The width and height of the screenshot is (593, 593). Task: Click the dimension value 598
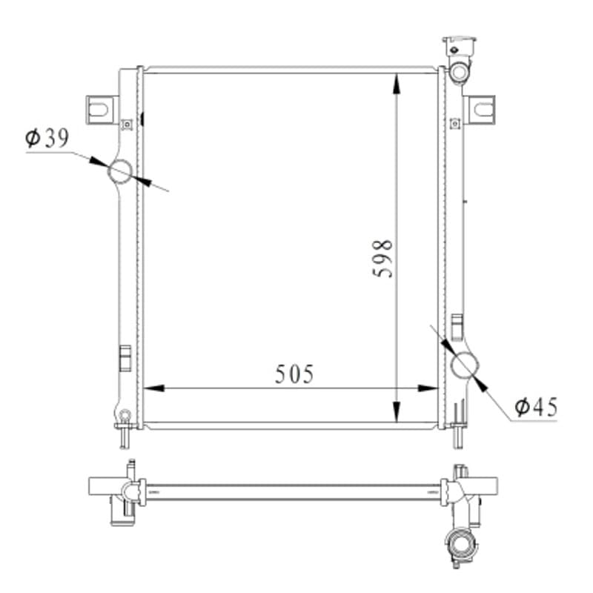382,259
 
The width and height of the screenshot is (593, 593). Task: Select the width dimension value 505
294,374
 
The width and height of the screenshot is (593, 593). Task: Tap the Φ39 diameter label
47,138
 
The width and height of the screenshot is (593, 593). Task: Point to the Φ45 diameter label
536,407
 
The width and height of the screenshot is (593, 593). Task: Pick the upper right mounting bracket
480,109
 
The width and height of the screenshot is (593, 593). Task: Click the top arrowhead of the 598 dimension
396,84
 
